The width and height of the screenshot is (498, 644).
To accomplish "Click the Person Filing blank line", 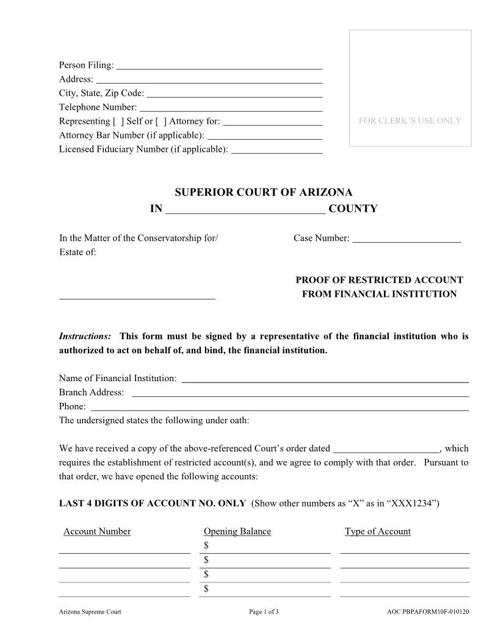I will tap(219, 65).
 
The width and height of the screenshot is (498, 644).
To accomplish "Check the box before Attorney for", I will tap(161, 121).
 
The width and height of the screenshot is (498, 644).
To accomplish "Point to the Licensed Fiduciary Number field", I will tap(277, 149).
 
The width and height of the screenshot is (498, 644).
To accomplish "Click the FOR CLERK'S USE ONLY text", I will tap(410, 121).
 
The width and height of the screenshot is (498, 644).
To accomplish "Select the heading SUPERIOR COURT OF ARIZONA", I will tap(264, 192).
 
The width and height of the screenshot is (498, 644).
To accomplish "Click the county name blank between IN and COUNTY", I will tap(245, 210).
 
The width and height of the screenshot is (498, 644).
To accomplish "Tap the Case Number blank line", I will tap(406, 238).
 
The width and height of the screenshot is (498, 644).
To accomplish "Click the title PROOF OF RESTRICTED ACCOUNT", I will tap(379, 281).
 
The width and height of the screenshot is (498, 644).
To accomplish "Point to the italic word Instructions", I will tap(85, 337).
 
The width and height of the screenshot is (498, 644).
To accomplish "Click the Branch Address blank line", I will tap(300, 393).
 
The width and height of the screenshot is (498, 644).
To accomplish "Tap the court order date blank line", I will tap(386, 449).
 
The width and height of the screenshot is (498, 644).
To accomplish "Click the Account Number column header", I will tap(97, 531).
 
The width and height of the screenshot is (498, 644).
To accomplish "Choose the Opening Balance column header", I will tap(237, 531).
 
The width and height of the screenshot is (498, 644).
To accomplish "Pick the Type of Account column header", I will tap(377, 531).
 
